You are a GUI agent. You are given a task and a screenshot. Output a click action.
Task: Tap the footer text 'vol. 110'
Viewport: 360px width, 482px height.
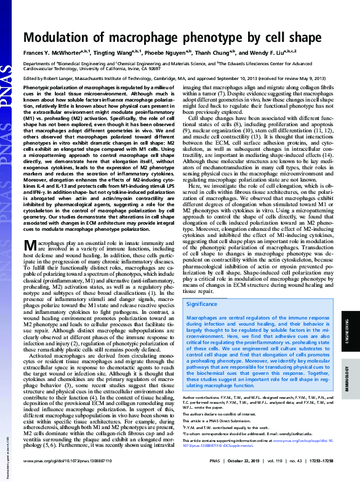coord(258,476)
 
